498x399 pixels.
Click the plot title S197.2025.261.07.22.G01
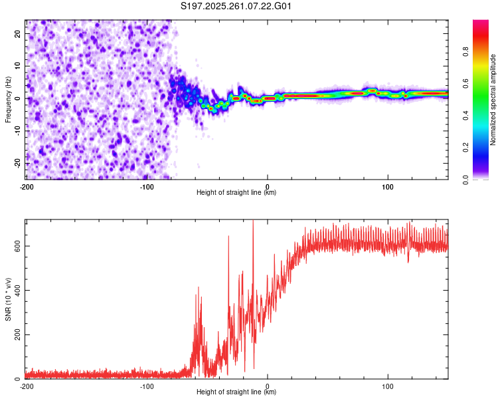(x=237, y=6)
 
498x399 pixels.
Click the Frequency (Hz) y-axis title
(x=8, y=100)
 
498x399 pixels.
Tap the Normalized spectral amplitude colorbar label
(x=493, y=100)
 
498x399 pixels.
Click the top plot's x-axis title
(x=236, y=193)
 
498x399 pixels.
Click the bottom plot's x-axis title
(x=236, y=392)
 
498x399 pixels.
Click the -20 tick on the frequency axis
(x=17, y=163)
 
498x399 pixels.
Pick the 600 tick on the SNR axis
(x=16, y=246)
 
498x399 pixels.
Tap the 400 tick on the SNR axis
(x=16, y=291)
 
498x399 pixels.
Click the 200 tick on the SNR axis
(x=16, y=334)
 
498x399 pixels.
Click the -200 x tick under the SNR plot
(x=27, y=386)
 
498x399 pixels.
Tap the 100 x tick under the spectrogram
(x=388, y=186)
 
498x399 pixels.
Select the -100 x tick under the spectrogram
(x=147, y=186)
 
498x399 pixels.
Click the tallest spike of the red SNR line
(x=253, y=221)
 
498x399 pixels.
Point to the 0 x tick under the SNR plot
(x=268, y=386)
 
